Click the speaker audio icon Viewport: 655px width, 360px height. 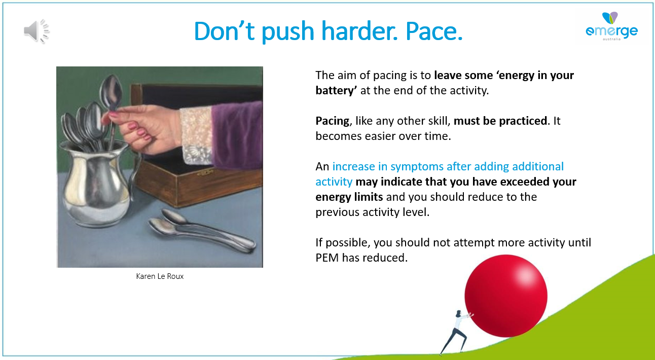point(37,31)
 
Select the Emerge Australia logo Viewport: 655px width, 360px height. point(612,26)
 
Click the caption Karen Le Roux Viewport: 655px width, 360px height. point(160,276)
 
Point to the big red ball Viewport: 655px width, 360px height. point(506,296)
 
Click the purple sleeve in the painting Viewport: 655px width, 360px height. point(237,135)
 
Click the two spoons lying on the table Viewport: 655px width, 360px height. point(202,231)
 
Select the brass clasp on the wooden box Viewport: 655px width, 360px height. point(205,173)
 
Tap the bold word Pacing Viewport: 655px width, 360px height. point(332,121)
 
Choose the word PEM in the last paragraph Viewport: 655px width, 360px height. point(327,258)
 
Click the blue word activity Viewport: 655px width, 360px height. point(334,182)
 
